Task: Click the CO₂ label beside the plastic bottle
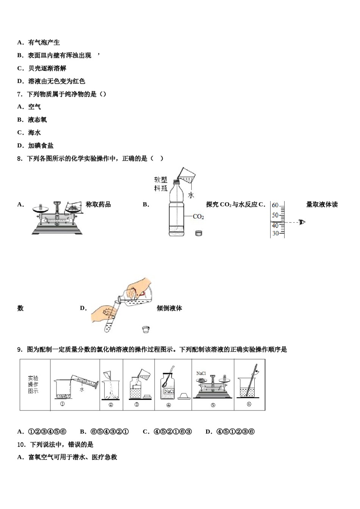pos(198,217)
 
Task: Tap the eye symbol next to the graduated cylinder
pos(302,222)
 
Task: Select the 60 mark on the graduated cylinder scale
pos(275,205)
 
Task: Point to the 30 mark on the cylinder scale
pos(275,233)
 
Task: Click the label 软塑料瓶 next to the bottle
pos(161,184)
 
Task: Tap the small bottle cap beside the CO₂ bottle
pos(199,233)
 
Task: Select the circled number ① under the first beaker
pos(63,404)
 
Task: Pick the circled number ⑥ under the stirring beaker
pos(249,404)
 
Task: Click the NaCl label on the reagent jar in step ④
pos(169,391)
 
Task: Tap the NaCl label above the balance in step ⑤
pos(201,373)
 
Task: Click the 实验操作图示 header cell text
pos(33,384)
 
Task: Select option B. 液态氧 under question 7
pos(32,120)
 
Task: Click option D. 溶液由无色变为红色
pos(51,81)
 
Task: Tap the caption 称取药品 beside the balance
pos(98,205)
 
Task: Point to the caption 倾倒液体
pos(169,308)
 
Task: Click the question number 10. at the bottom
pos(22,444)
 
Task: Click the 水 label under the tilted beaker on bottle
pos(191,195)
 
